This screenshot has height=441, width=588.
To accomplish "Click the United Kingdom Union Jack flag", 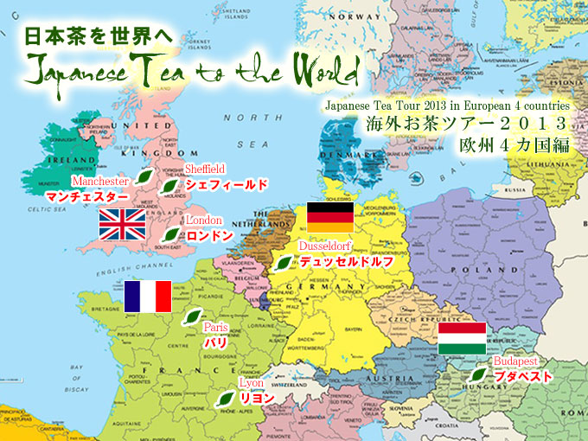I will (x=123, y=224).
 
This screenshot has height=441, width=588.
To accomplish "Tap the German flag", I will (x=330, y=216).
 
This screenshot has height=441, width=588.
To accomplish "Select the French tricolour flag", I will (x=148, y=296).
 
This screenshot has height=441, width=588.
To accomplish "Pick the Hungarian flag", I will (x=463, y=339).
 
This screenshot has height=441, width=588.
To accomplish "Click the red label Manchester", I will (x=100, y=182).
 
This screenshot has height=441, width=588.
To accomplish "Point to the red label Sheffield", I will (x=205, y=169).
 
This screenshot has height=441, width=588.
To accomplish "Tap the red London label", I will (x=204, y=221).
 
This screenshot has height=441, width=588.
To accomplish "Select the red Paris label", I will (x=216, y=328).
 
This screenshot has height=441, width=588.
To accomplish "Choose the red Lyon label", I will (x=249, y=382).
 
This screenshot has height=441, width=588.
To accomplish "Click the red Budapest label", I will (x=516, y=361).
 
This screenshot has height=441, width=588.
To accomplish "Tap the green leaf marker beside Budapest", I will (x=476, y=375).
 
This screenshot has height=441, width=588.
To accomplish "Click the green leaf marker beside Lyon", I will (x=225, y=398).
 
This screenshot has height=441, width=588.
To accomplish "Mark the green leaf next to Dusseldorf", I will (x=283, y=262).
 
